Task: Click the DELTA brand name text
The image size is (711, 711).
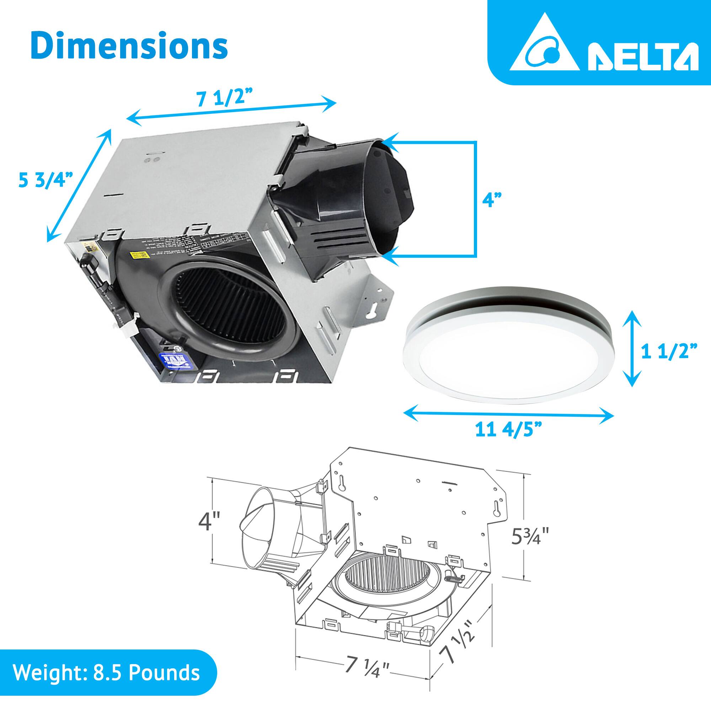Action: (642, 58)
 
